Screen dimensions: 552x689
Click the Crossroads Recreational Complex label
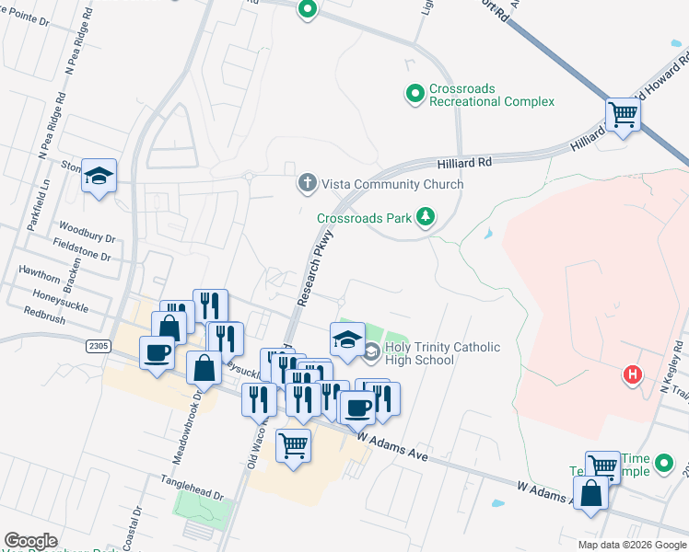[x=492, y=95]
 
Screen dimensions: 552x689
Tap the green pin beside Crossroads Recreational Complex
[x=415, y=94]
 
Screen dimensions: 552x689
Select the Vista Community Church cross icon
[x=307, y=184]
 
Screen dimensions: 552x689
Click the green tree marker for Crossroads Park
[x=425, y=218]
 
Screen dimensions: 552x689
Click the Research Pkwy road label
[x=315, y=268]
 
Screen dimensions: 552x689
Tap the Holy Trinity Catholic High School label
[x=442, y=353]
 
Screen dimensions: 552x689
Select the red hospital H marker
[x=632, y=374]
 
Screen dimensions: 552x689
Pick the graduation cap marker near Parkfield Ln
[x=99, y=175]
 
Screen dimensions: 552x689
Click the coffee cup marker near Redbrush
[x=156, y=351]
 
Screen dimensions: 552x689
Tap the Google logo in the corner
[x=30, y=540]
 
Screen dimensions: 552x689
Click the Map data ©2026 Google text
[x=632, y=545]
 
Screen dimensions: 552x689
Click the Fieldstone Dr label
[x=82, y=247]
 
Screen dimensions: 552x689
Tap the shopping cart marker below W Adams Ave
[x=293, y=445]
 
